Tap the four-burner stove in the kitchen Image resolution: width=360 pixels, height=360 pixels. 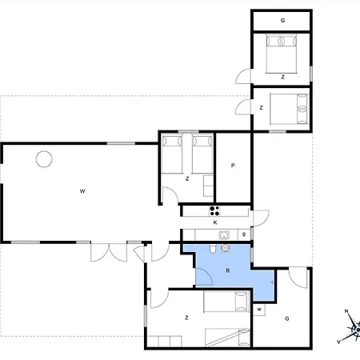[214, 210]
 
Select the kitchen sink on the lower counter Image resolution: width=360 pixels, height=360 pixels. [224, 235]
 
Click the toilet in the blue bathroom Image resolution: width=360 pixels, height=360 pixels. [213, 249]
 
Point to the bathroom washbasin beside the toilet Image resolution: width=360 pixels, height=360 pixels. [226, 248]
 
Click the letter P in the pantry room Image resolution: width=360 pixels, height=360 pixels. [233, 166]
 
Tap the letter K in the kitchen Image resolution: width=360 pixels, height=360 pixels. [215, 222]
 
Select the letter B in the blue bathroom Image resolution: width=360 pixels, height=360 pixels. [228, 270]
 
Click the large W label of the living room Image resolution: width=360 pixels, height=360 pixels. [82, 191]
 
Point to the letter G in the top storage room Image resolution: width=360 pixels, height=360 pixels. [282, 20]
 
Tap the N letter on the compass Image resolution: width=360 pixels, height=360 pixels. [346, 311]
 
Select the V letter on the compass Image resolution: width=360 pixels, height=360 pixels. [339, 342]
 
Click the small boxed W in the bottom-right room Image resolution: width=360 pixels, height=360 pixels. [259, 310]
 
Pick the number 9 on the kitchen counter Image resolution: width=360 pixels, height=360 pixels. [244, 234]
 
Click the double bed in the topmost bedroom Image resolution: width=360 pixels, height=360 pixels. [282, 54]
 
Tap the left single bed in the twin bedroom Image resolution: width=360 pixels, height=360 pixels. [172, 154]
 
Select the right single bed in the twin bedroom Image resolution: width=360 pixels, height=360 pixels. [202, 154]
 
